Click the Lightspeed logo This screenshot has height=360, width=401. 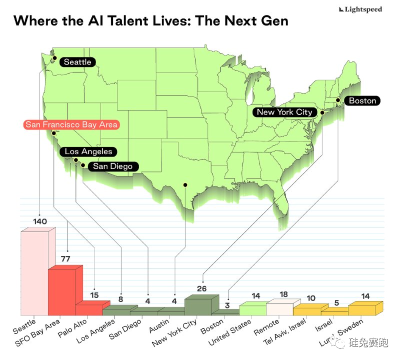point(360,9)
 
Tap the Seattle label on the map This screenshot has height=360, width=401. point(77,62)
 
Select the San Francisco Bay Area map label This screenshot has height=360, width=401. point(72,124)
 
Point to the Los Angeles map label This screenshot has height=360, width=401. point(88,151)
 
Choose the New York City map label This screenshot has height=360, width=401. point(284,112)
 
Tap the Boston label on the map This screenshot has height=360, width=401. point(362,100)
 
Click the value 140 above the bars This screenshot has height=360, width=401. point(40,221)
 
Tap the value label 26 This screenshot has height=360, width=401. point(201,288)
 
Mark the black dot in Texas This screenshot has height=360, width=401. point(185,184)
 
